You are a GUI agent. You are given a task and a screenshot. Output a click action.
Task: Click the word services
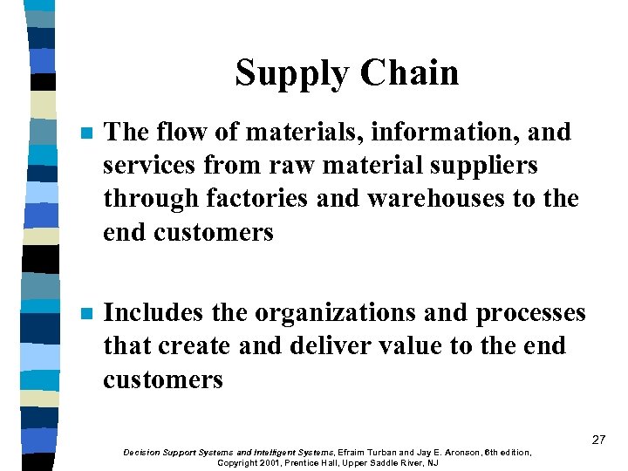(x=151, y=166)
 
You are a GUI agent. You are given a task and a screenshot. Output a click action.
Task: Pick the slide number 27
(x=597, y=440)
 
